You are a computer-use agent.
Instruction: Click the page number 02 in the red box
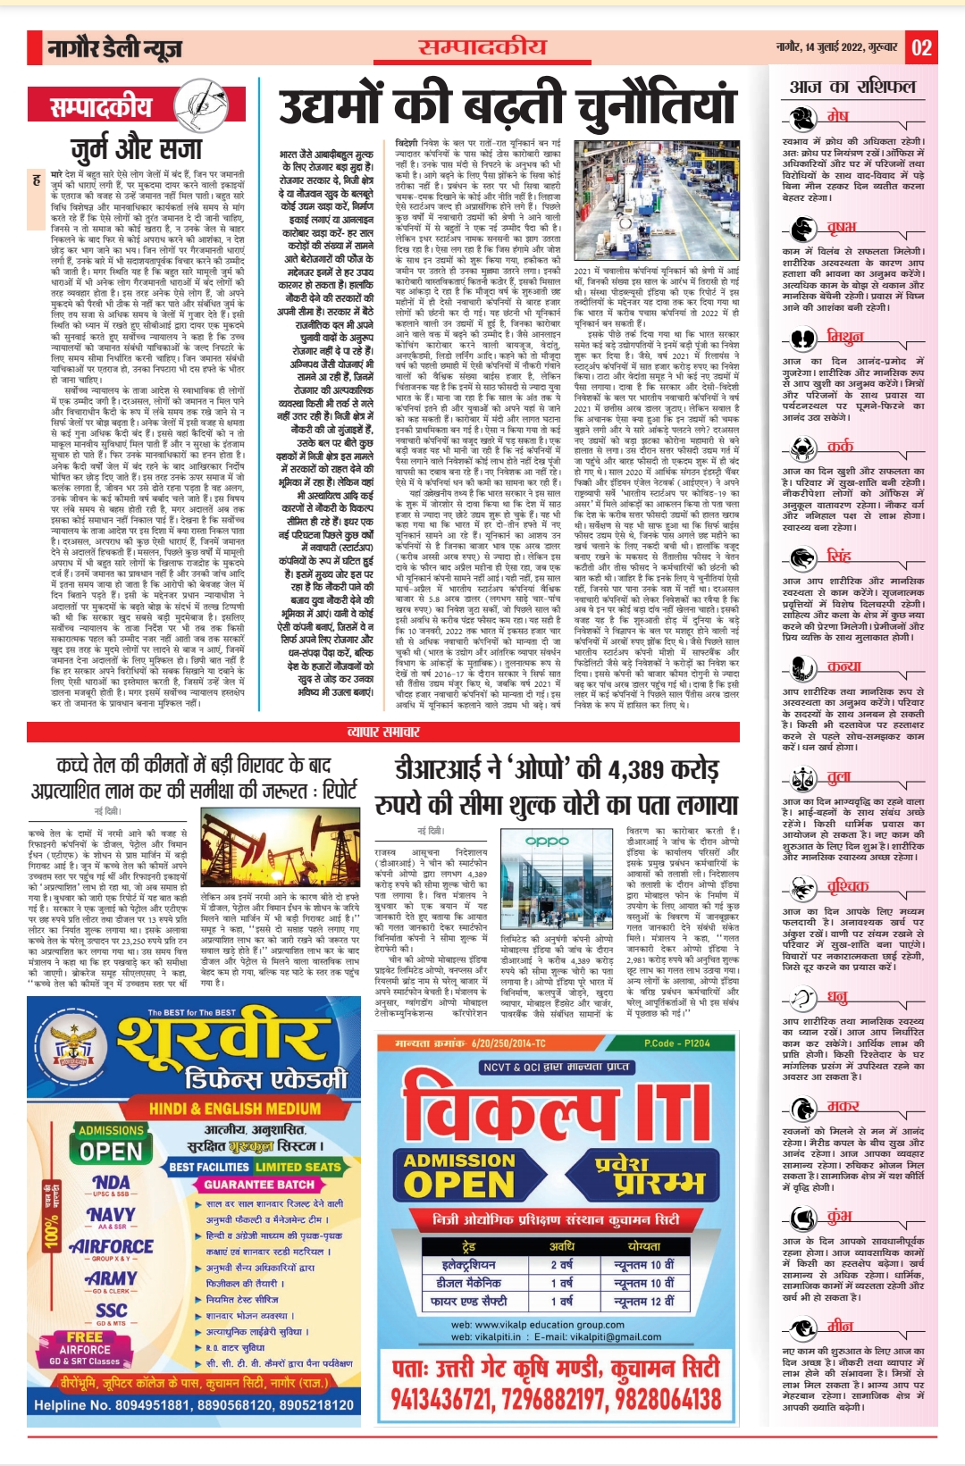tap(921, 47)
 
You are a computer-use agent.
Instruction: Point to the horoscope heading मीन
tap(839, 1326)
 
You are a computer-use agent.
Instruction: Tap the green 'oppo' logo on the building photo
tap(547, 841)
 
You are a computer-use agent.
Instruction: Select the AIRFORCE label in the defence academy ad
tap(112, 1246)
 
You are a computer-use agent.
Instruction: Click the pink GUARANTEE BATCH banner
tap(259, 1185)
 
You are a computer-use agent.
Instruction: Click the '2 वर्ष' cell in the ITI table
tap(561, 1264)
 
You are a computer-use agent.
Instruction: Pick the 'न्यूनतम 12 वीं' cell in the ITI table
tap(643, 1302)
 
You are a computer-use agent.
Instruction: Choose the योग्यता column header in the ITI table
tap(643, 1246)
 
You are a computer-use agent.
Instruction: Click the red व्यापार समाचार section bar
tap(383, 732)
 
